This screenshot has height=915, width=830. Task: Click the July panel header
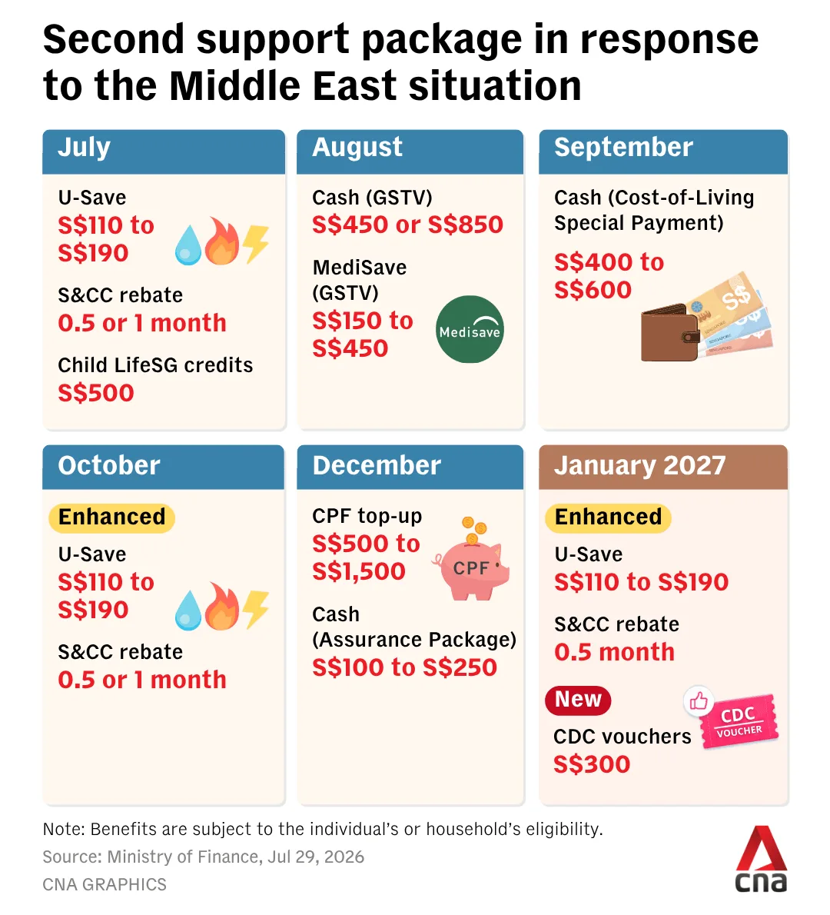(x=164, y=151)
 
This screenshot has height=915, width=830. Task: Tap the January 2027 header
(x=663, y=467)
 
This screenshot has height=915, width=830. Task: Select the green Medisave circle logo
(x=470, y=329)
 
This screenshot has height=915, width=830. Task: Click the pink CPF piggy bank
(x=471, y=566)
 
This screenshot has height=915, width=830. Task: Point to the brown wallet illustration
(x=669, y=333)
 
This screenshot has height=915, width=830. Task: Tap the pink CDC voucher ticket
(x=739, y=721)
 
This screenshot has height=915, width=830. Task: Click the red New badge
(x=577, y=700)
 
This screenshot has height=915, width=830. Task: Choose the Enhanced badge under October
(x=111, y=517)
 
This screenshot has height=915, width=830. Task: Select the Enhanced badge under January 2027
(x=608, y=517)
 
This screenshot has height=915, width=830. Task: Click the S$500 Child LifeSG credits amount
(x=96, y=393)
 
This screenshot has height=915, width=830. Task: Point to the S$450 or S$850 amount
(x=408, y=225)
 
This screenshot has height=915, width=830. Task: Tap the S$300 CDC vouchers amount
(x=592, y=764)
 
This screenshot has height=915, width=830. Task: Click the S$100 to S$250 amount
(x=405, y=667)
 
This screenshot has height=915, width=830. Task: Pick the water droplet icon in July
(x=188, y=245)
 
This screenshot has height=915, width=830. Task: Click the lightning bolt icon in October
(x=256, y=610)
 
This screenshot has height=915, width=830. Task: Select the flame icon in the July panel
(x=221, y=241)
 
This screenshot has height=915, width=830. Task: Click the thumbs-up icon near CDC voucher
(x=698, y=700)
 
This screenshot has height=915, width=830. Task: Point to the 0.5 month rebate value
(x=614, y=652)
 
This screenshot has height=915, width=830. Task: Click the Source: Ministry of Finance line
(x=204, y=857)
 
